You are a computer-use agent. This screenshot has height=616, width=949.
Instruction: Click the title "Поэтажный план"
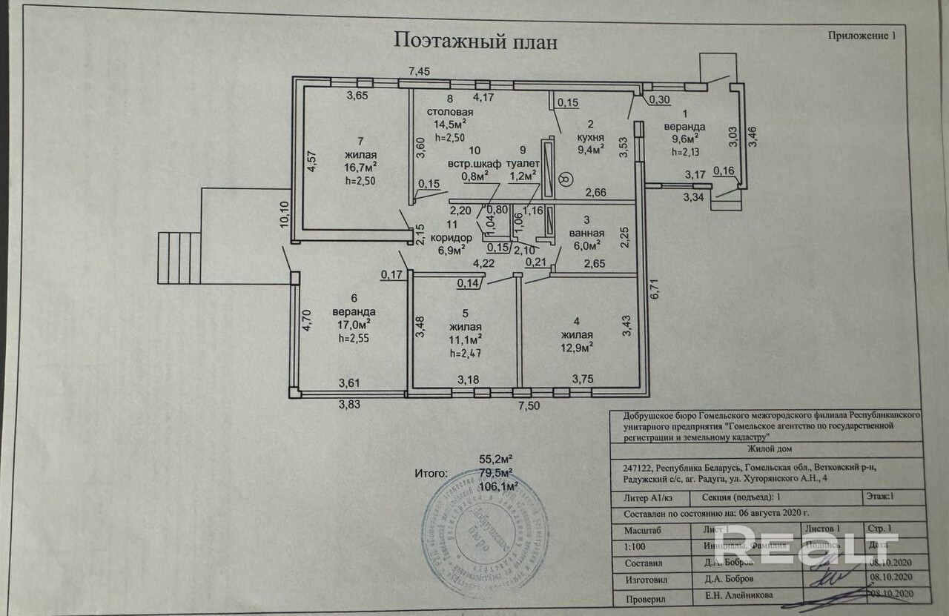point(475,42)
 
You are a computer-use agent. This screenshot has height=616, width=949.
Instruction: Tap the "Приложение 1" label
point(861,35)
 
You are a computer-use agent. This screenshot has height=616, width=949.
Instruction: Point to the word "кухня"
point(591,138)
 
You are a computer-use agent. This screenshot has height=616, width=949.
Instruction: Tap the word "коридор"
point(450,237)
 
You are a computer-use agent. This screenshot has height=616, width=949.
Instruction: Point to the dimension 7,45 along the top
point(420,71)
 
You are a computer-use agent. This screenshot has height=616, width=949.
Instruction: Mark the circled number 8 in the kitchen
point(566,179)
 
